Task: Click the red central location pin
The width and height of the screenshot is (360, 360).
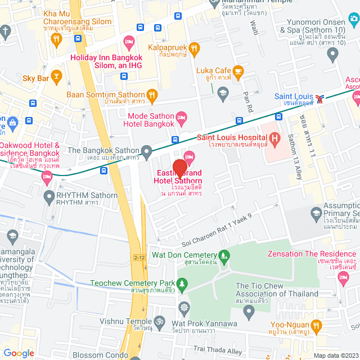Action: (x=179, y=169)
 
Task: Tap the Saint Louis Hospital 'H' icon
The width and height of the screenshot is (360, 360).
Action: (x=274, y=137)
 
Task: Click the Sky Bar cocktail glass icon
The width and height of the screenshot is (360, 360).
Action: (x=56, y=75)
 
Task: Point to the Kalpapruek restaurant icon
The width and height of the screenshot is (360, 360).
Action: (x=195, y=48)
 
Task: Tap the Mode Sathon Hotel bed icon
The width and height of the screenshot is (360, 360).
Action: (x=181, y=117)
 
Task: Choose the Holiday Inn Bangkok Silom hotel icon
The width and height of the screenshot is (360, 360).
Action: (x=129, y=41)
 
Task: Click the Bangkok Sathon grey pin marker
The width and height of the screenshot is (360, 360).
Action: (x=147, y=151)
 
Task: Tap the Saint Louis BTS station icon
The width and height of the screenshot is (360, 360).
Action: (x=320, y=98)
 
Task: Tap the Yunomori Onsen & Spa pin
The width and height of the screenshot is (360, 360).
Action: (x=332, y=55)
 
